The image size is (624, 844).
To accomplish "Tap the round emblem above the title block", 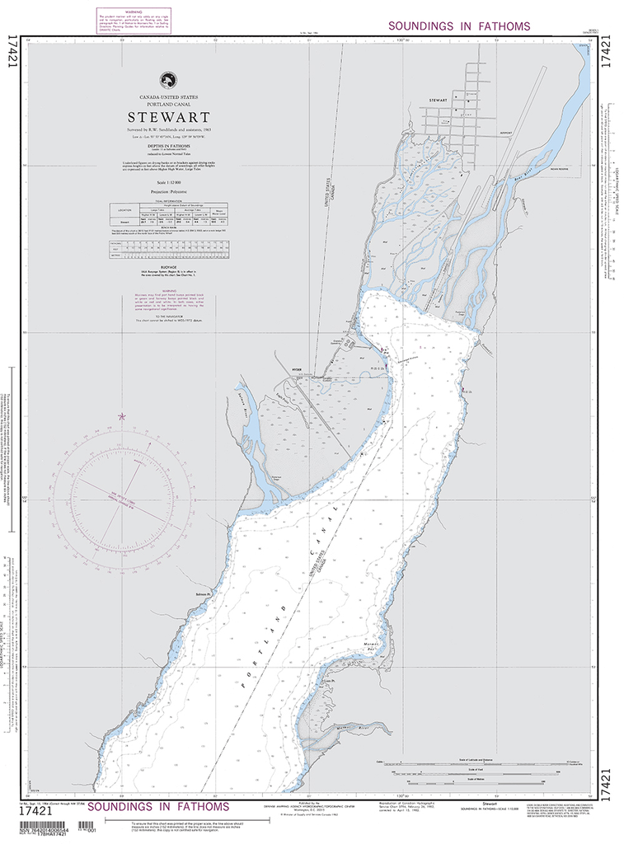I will pyautogui.click(x=169, y=80).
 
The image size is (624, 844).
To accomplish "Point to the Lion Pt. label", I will pyautogui.click(x=330, y=681).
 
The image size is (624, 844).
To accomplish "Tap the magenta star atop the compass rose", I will pyautogui.click(x=122, y=417).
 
